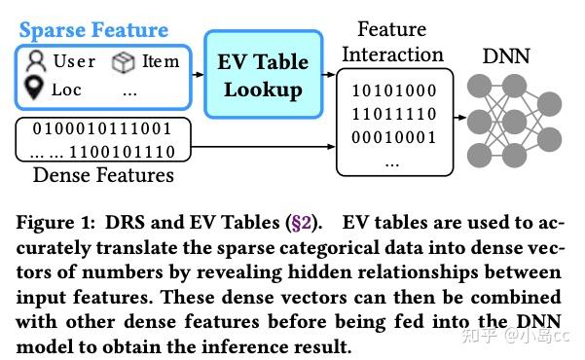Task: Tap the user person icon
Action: pos(37,61)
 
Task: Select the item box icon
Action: pos(123,61)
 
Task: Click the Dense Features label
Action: pos(103,176)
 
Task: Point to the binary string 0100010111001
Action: pos(102,127)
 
